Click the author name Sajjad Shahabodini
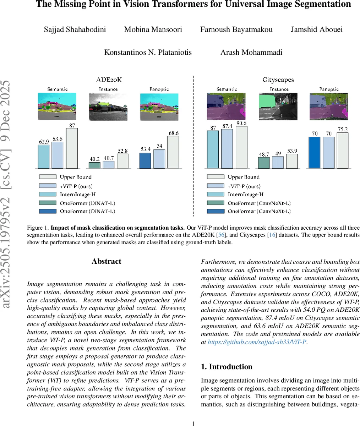(75, 29)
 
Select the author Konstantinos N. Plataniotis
(148, 53)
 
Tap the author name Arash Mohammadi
(251, 53)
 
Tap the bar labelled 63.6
(57, 155)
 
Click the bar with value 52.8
(122, 161)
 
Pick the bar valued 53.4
(145, 160)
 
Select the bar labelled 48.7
(263, 163)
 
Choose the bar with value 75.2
(342, 150)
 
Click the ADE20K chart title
(109, 80)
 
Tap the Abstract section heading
(107, 261)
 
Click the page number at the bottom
(193, 423)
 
